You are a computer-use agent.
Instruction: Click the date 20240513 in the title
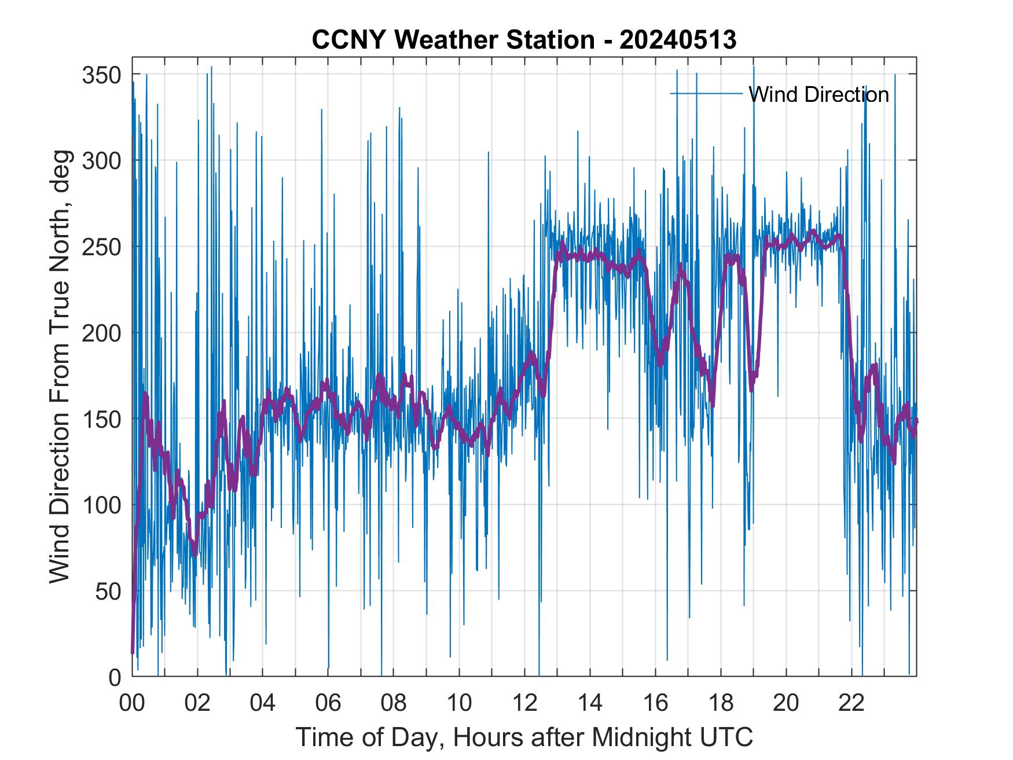[x=678, y=40]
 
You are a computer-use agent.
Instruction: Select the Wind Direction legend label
[x=819, y=94]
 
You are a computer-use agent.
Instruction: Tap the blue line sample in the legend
[x=706, y=94]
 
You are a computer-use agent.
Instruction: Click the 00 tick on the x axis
[x=132, y=703]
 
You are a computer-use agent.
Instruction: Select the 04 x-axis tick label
[x=263, y=703]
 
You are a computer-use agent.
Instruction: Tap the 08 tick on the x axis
[x=394, y=703]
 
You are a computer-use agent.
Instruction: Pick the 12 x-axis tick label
[x=524, y=703]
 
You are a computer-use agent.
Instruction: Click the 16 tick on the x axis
[x=655, y=703]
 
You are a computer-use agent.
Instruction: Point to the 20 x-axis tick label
[x=786, y=703]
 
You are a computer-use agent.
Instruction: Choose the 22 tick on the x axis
[x=851, y=703]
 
